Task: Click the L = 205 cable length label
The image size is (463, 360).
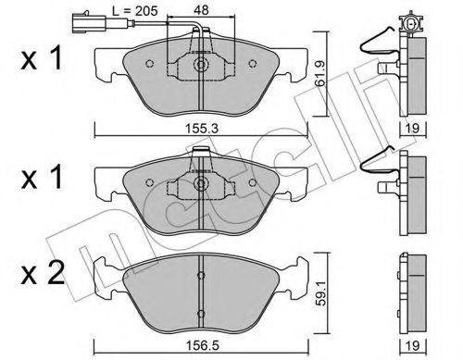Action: [134, 11]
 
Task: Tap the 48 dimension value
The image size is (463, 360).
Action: [201, 10]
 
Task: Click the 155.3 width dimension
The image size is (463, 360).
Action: [202, 128]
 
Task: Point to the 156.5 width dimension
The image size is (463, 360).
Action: [202, 345]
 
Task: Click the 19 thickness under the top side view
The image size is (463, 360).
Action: [413, 128]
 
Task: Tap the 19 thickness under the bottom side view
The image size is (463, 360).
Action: [413, 345]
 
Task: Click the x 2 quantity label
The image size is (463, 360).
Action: [43, 273]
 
